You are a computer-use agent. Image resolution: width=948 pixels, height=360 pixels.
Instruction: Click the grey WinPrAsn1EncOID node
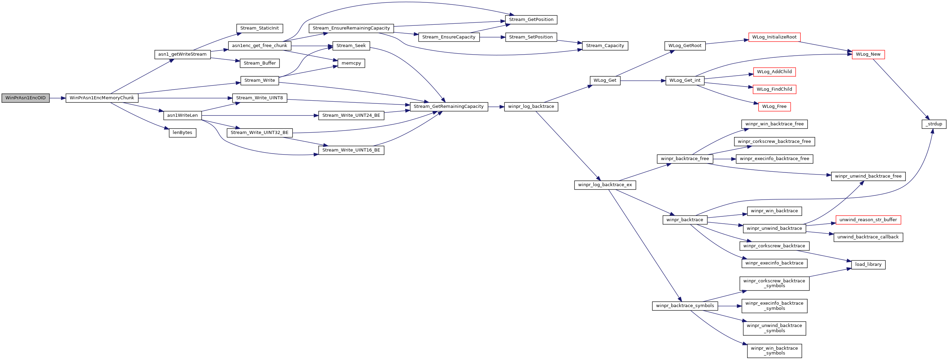pos(25,98)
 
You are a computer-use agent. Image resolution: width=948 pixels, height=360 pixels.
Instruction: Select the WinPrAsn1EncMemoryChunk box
pos(102,98)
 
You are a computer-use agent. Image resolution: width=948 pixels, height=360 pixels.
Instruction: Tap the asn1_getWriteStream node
pos(183,55)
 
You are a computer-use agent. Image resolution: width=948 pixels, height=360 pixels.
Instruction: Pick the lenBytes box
pos(183,133)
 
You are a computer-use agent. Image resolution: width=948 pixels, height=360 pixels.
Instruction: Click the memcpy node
pos(351,63)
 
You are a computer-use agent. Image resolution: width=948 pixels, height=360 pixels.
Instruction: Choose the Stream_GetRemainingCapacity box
pos(449,107)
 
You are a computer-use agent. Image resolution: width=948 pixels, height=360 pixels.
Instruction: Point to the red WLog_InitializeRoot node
pos(774,37)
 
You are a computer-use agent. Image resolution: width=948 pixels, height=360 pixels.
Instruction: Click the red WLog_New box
pos(868,55)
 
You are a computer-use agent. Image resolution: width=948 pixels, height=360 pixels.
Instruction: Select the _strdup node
pos(934,124)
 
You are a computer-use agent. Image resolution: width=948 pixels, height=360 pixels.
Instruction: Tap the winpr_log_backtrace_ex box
pos(605,185)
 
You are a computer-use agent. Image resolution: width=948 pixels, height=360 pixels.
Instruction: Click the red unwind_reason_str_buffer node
pos(868,220)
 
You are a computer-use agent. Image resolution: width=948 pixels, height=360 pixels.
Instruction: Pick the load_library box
pos(868,264)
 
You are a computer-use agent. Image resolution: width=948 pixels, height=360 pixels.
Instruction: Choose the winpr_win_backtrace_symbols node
pos(774,351)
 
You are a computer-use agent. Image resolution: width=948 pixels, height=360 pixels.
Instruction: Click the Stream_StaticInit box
pos(260,29)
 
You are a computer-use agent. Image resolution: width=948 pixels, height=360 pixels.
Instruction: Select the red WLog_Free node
pos(774,107)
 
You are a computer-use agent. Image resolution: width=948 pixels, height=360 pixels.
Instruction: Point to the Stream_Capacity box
pos(605,46)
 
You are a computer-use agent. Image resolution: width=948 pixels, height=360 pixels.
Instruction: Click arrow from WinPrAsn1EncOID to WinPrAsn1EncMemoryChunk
pos(57,98)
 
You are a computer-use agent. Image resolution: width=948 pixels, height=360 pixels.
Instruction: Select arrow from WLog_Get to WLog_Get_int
pos(643,81)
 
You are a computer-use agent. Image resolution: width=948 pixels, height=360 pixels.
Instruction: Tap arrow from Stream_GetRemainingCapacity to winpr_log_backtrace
pos(496,107)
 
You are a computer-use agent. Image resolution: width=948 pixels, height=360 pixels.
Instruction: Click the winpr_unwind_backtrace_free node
pos(868,176)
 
